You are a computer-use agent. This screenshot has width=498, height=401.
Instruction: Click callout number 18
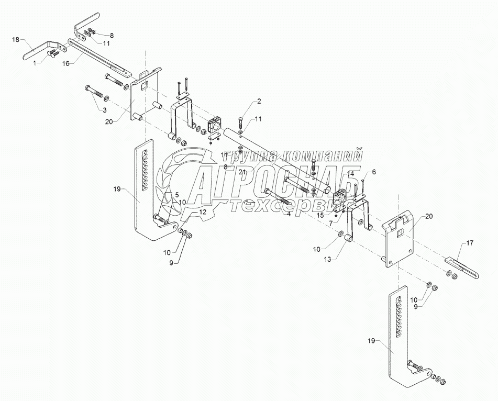pyautogui.click(x=16, y=39)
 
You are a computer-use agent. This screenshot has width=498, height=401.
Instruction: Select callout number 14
pyautogui.click(x=350, y=173)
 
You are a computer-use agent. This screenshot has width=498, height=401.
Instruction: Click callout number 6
pyautogui.click(x=374, y=172)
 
